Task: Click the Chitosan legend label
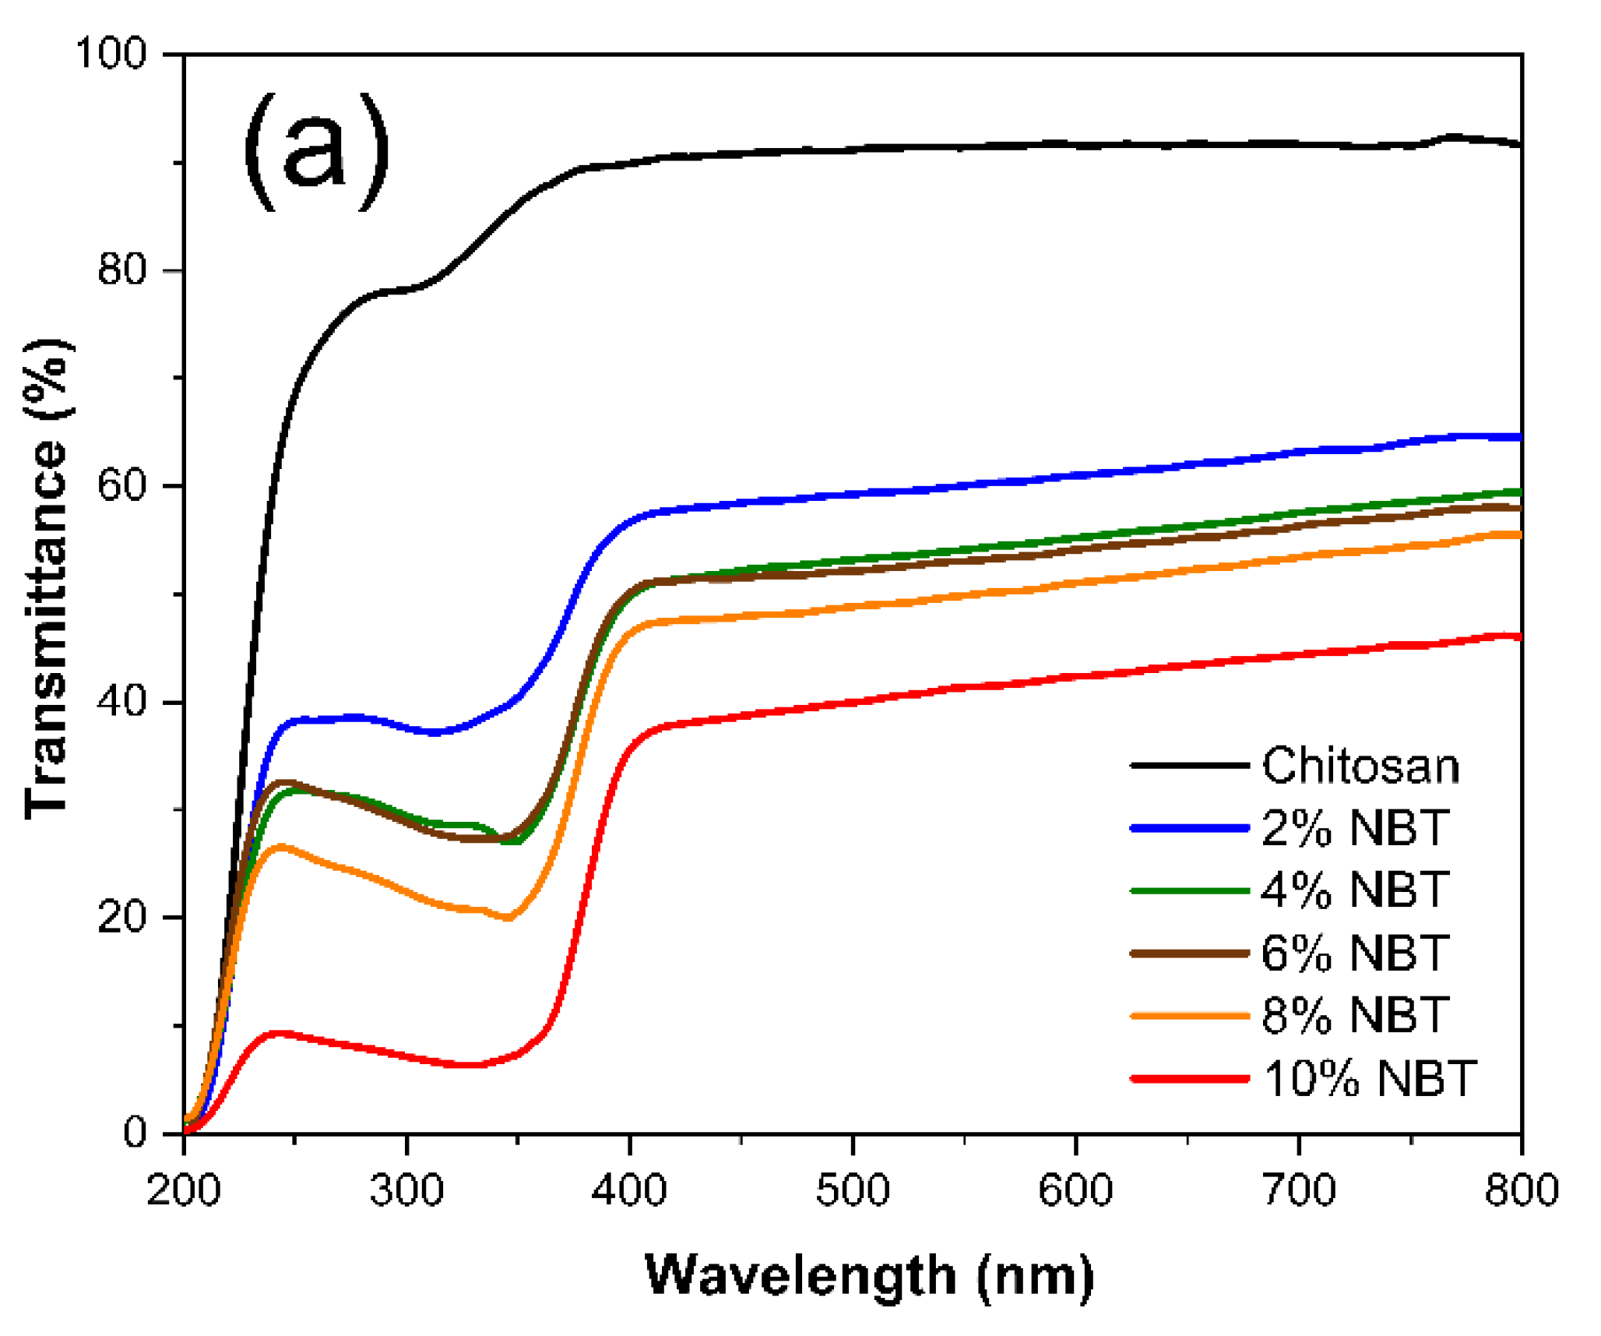(x=1360, y=766)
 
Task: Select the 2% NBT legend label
(x=1354, y=828)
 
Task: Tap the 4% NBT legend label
(x=1354, y=890)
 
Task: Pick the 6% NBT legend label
(x=1354, y=954)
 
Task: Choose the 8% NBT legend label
(x=1354, y=1016)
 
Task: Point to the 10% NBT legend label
(x=1368, y=1079)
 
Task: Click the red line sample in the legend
(x=1189, y=1079)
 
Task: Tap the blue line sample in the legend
(x=1189, y=828)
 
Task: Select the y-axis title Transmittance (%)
(x=47, y=579)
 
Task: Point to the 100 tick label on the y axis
(x=110, y=55)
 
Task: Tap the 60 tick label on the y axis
(x=122, y=486)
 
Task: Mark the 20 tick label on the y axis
(x=122, y=918)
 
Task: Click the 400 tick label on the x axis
(x=629, y=1190)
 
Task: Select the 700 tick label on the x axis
(x=1299, y=1190)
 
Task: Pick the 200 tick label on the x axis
(x=184, y=1190)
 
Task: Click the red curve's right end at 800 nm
(x=1518, y=637)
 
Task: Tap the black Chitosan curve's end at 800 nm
(x=1518, y=144)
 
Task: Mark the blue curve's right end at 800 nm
(x=1518, y=438)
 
